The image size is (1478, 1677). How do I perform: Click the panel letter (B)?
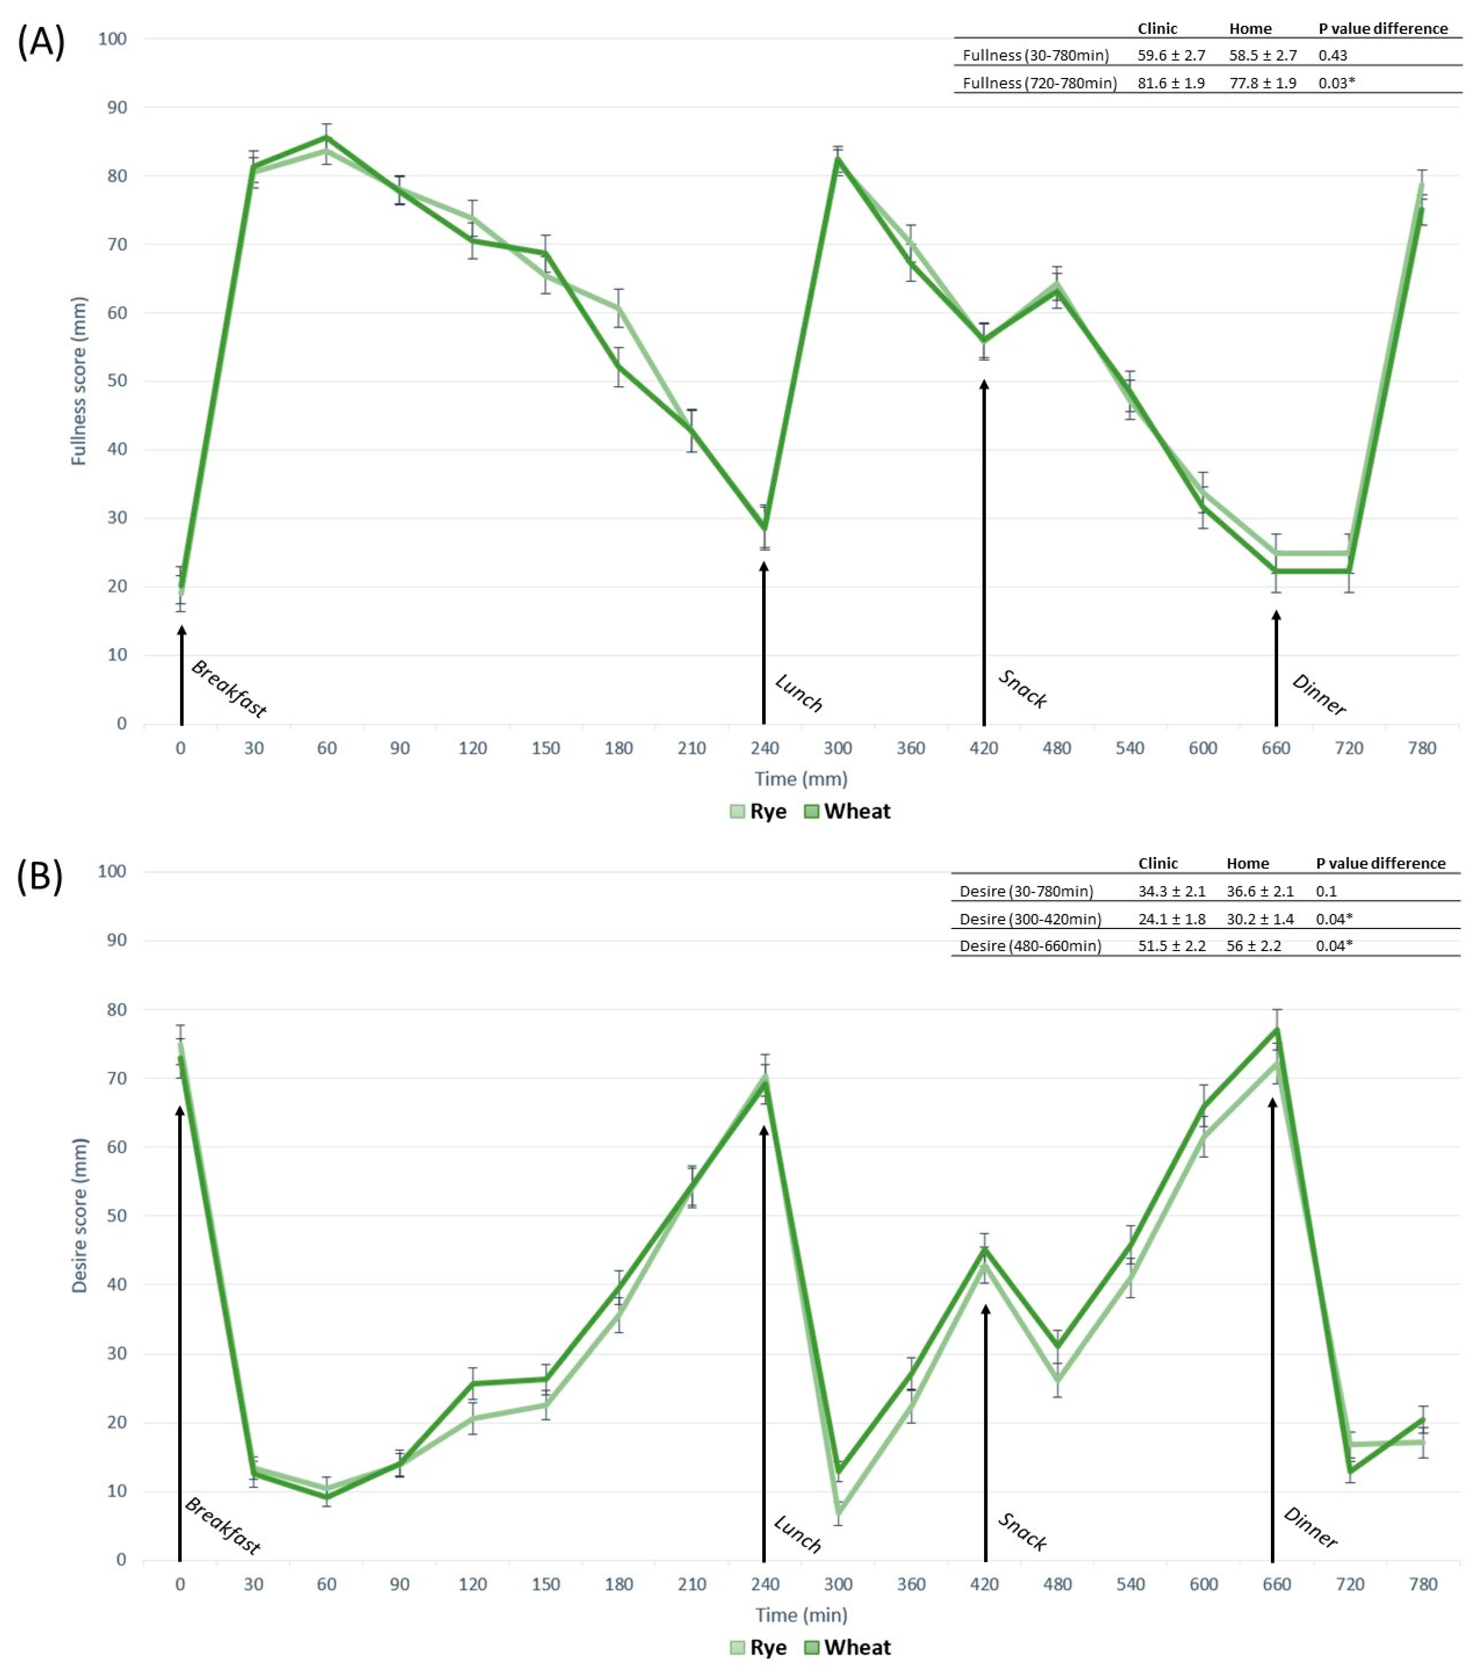pos(39,876)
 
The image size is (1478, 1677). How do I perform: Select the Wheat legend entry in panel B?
pos(848,1647)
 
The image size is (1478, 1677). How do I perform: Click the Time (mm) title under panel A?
pos(801,779)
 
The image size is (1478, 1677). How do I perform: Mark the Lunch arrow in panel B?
pos(764,1345)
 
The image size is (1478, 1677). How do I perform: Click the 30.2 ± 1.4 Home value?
pos(1260,919)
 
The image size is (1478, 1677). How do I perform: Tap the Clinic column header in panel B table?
pos(1157,863)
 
